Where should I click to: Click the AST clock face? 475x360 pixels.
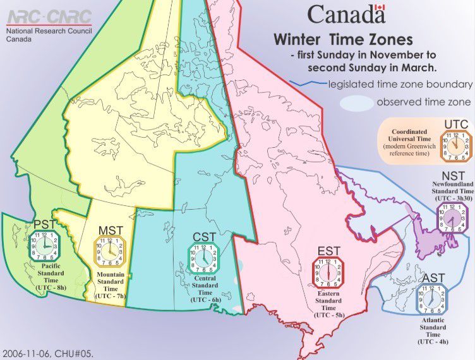pos(433,298)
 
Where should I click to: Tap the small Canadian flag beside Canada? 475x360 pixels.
pos(379,9)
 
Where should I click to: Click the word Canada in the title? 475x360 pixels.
pos(338,13)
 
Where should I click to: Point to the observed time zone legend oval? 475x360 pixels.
pos(355,102)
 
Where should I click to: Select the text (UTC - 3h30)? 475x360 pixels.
pos(454,198)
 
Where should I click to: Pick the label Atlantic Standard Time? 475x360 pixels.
pos(433,328)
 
